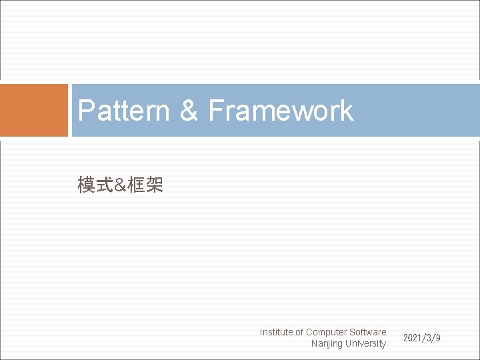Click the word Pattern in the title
tap(124, 111)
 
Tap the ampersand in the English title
tap(189, 111)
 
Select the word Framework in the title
tap(281, 111)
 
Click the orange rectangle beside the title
tap(34, 110)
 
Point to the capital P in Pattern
tap(85, 111)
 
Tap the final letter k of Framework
tap(345, 111)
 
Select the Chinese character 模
tap(85, 186)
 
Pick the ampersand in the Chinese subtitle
tap(120, 186)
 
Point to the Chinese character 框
tap(137, 186)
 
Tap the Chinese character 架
tap(154, 186)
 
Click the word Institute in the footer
tap(276, 332)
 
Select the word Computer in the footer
tap(327, 332)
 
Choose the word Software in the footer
tap(368, 332)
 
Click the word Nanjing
tap(327, 344)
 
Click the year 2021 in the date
tap(413, 338)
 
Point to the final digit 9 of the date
tap(437, 338)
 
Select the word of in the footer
tap(299, 332)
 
